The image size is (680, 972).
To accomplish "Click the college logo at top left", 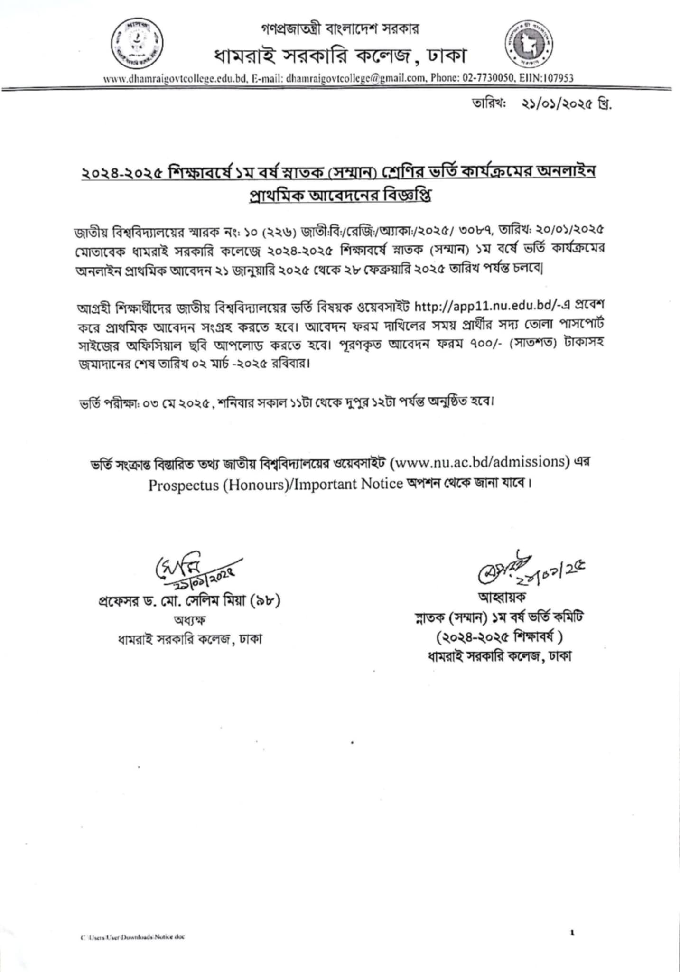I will pyautogui.click(x=137, y=46).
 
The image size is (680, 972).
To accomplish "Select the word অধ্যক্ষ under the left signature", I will pyautogui.click(x=189, y=620).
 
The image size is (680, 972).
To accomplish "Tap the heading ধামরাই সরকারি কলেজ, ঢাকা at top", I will pyautogui.click(x=340, y=57).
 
